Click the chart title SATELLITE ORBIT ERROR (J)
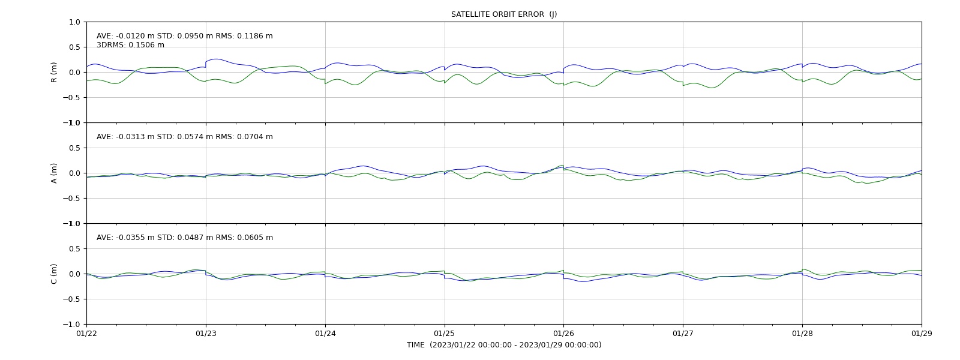tap(503, 14)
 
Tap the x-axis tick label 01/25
tap(445, 334)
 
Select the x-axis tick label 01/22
tap(86, 334)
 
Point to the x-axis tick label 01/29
tap(922, 334)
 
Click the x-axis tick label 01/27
tap(683, 334)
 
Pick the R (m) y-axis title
tap(53, 73)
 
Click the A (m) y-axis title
tap(53, 173)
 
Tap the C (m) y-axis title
tap(53, 274)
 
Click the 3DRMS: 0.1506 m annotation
tap(130, 45)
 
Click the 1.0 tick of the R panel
tap(74, 22)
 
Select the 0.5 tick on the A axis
tap(74, 148)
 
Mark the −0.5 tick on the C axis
tap(71, 299)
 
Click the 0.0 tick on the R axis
tap(74, 73)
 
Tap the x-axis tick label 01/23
tap(206, 334)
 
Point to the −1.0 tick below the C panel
tap(71, 325)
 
